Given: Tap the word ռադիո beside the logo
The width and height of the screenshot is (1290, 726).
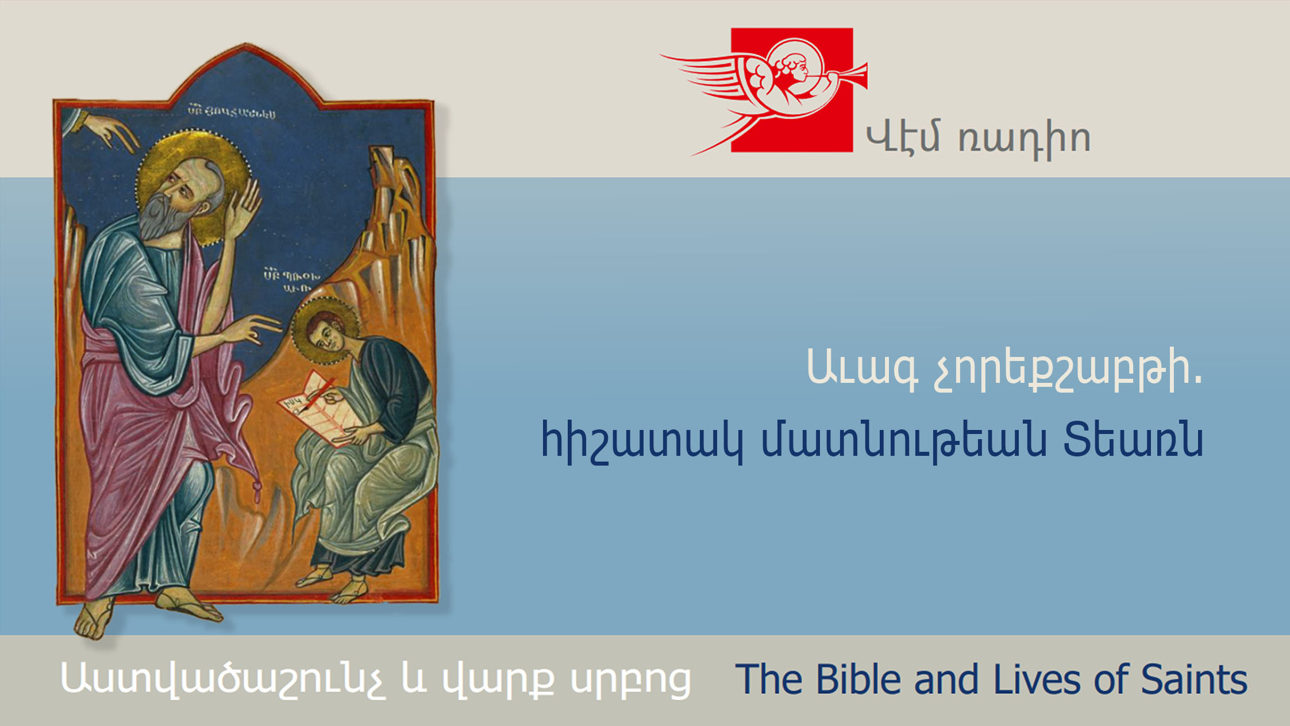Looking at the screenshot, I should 1025,139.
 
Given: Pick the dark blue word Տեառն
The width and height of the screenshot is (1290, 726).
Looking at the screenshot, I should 1133,440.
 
